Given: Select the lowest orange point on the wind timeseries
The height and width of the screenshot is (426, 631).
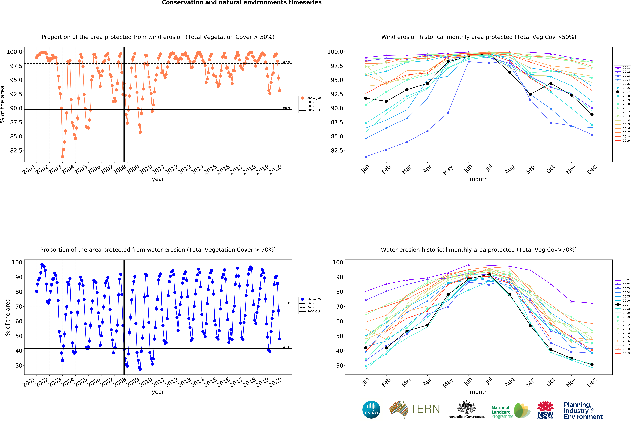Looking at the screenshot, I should pyautogui.click(x=62, y=157).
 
